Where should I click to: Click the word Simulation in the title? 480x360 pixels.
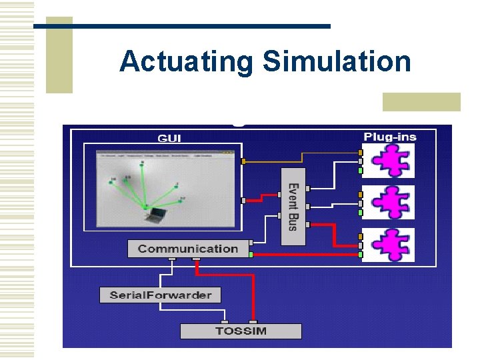[x=337, y=62]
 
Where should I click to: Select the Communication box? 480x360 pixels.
[x=188, y=249]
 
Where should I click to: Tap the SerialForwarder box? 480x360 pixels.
[x=160, y=295]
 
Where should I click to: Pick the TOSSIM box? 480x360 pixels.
[x=241, y=331]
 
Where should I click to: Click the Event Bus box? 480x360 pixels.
[x=293, y=207]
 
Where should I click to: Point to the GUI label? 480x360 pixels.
[x=169, y=138]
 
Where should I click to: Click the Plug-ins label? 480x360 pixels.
[x=390, y=137]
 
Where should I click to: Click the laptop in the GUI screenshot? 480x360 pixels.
[x=157, y=214]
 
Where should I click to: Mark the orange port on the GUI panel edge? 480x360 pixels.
[x=243, y=161]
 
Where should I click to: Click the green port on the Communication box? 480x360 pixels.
[x=251, y=254]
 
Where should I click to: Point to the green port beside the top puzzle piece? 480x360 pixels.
[x=361, y=170]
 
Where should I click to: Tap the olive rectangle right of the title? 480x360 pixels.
[x=421, y=101]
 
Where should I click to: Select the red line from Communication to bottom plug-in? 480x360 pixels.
[x=307, y=255]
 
